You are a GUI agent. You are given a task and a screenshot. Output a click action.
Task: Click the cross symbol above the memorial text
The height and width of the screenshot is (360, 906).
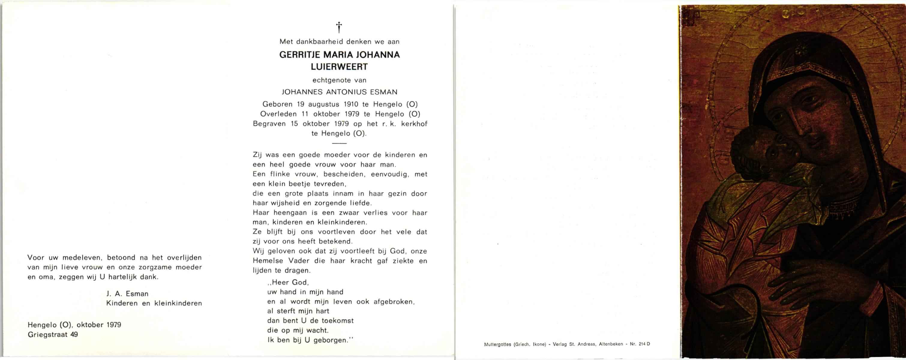(339, 27)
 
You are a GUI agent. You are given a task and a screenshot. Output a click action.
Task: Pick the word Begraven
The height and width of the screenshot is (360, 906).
(269, 124)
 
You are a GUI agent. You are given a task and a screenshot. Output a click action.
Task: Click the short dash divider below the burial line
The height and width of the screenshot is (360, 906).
(339, 143)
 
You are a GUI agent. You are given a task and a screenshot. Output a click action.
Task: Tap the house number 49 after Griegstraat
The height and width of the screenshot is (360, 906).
(74, 334)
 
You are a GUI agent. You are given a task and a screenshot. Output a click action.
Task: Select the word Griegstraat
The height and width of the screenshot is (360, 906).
(47, 334)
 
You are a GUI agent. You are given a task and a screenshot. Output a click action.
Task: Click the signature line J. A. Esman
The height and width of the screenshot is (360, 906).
(127, 294)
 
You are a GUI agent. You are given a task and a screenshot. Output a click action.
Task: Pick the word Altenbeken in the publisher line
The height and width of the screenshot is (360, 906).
(611, 344)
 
